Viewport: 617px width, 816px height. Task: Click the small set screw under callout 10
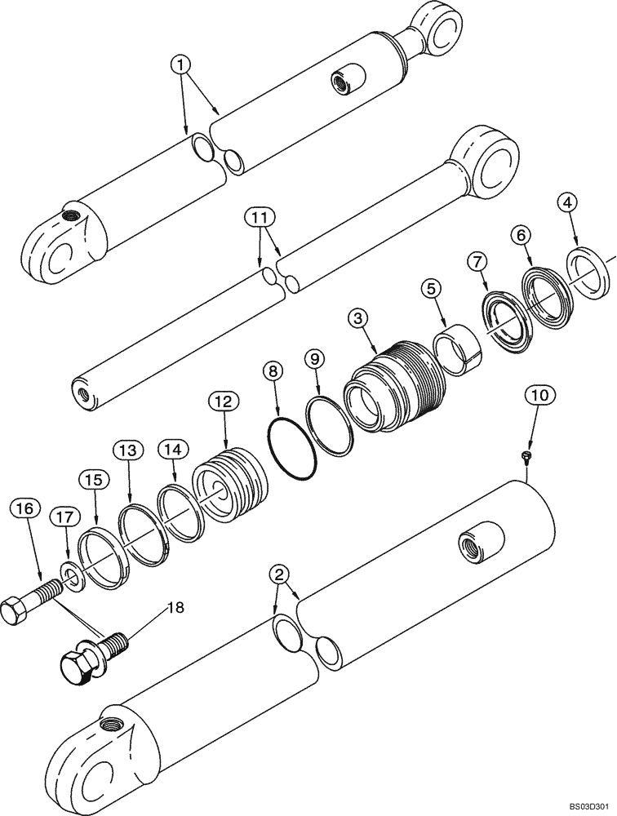(527, 455)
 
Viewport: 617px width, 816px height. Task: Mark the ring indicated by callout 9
(329, 426)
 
